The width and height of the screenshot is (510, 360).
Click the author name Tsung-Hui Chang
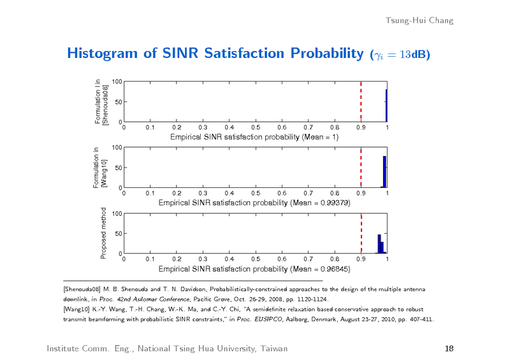tap(419, 20)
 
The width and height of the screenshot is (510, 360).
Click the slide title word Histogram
tap(104, 53)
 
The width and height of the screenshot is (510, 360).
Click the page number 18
tap(448, 348)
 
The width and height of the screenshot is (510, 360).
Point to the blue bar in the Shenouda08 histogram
tap(386, 106)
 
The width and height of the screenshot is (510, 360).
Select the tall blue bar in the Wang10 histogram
tap(384, 172)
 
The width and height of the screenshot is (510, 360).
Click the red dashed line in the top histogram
tap(361, 102)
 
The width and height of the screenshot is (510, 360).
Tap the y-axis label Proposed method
tap(103, 233)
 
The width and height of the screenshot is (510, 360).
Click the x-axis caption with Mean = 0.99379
tap(254, 203)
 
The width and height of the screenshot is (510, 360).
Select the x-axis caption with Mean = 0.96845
tap(254, 269)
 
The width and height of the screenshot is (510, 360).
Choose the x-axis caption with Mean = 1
tap(254, 137)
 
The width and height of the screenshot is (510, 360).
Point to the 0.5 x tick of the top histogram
tap(255, 128)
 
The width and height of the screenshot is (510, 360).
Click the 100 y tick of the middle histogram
tap(117, 148)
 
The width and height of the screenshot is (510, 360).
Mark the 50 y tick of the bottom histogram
tap(119, 234)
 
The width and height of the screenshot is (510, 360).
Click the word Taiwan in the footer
tap(272, 348)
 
